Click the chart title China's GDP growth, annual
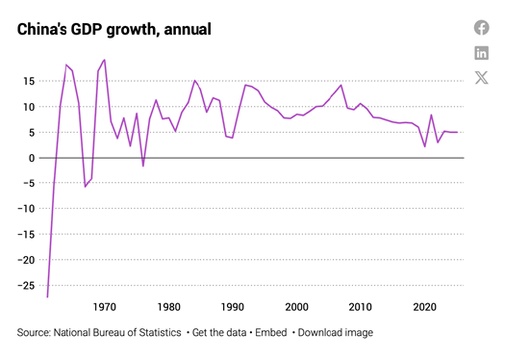point(114,30)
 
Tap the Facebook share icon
point(482,28)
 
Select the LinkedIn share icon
point(482,53)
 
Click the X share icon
point(482,78)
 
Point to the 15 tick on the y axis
point(29,82)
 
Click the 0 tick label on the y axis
point(32,158)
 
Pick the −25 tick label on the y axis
point(26,286)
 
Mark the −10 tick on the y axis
point(26,209)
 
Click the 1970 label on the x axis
point(105,307)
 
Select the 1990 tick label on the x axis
point(233,307)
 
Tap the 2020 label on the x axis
point(425,307)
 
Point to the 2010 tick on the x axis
point(361,307)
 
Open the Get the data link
point(219,333)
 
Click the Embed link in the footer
point(271,333)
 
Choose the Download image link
point(336,333)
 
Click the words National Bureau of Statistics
point(117,333)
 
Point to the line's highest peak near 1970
point(105,60)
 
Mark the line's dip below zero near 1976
point(143,167)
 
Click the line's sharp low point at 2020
point(425,146)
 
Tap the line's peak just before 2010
point(341,85)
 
